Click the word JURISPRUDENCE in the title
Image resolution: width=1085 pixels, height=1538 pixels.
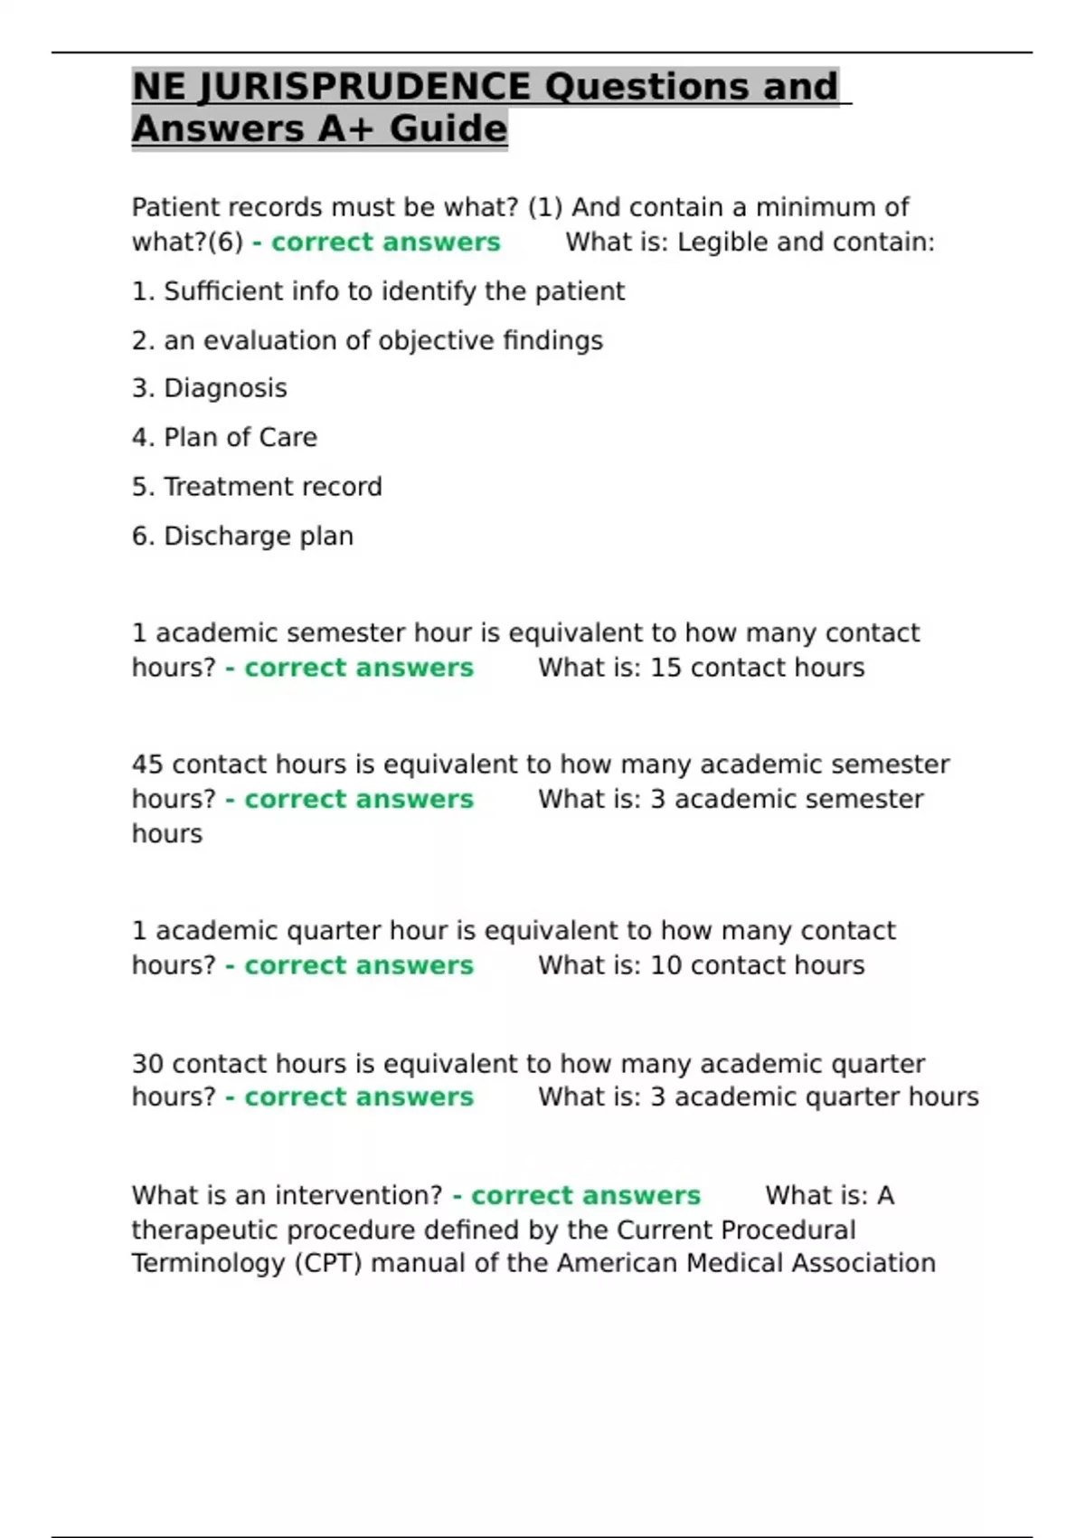(x=363, y=87)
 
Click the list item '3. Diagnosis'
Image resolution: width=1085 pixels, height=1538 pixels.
(x=210, y=388)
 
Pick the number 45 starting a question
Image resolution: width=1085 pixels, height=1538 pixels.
(x=147, y=764)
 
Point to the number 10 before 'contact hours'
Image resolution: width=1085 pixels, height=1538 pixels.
(x=665, y=965)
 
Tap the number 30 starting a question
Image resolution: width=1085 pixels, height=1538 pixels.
(x=147, y=1064)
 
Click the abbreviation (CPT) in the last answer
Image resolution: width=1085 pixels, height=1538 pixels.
(x=328, y=1263)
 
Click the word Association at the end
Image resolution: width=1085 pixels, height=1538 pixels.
(x=863, y=1263)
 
